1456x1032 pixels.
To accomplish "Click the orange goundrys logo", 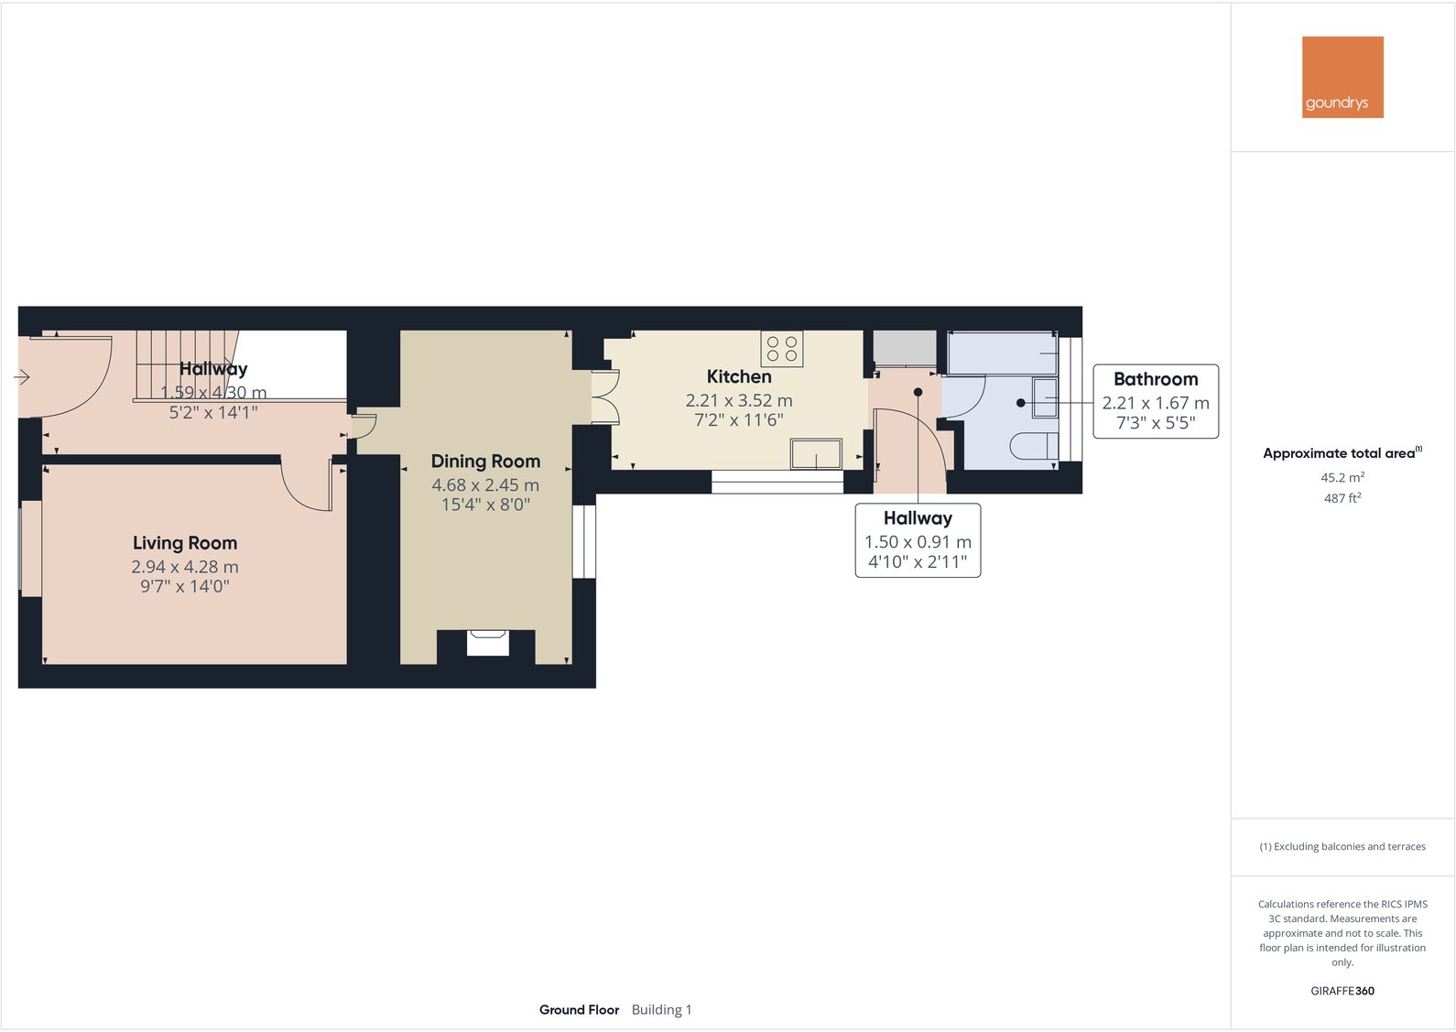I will tap(1342, 77).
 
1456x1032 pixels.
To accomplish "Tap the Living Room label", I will tap(185, 543).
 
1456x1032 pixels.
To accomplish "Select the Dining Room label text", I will tap(485, 462).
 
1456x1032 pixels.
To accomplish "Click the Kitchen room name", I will tap(739, 376).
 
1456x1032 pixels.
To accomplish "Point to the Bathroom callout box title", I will tap(1156, 379).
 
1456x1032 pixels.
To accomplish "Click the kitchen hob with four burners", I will tap(782, 349).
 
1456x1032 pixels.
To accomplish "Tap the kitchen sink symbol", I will tap(816, 454).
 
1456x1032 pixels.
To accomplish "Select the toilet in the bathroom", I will tap(1035, 447).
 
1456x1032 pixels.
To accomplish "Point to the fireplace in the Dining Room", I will tap(487, 643).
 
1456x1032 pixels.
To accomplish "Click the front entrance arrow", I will tap(22, 376).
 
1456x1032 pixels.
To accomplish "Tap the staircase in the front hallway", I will tap(183, 364).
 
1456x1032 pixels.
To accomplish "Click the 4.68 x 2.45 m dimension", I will tap(485, 485).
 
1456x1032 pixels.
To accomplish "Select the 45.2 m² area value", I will tap(1342, 477).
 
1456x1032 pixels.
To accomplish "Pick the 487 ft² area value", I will tap(1342, 498).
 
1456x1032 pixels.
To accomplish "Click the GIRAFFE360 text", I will tap(1342, 991).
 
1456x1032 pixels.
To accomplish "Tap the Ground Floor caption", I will tap(579, 1010).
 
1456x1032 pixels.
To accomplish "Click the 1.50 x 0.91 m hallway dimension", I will tap(918, 542).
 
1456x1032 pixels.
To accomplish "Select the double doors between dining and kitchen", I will tap(604, 397).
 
